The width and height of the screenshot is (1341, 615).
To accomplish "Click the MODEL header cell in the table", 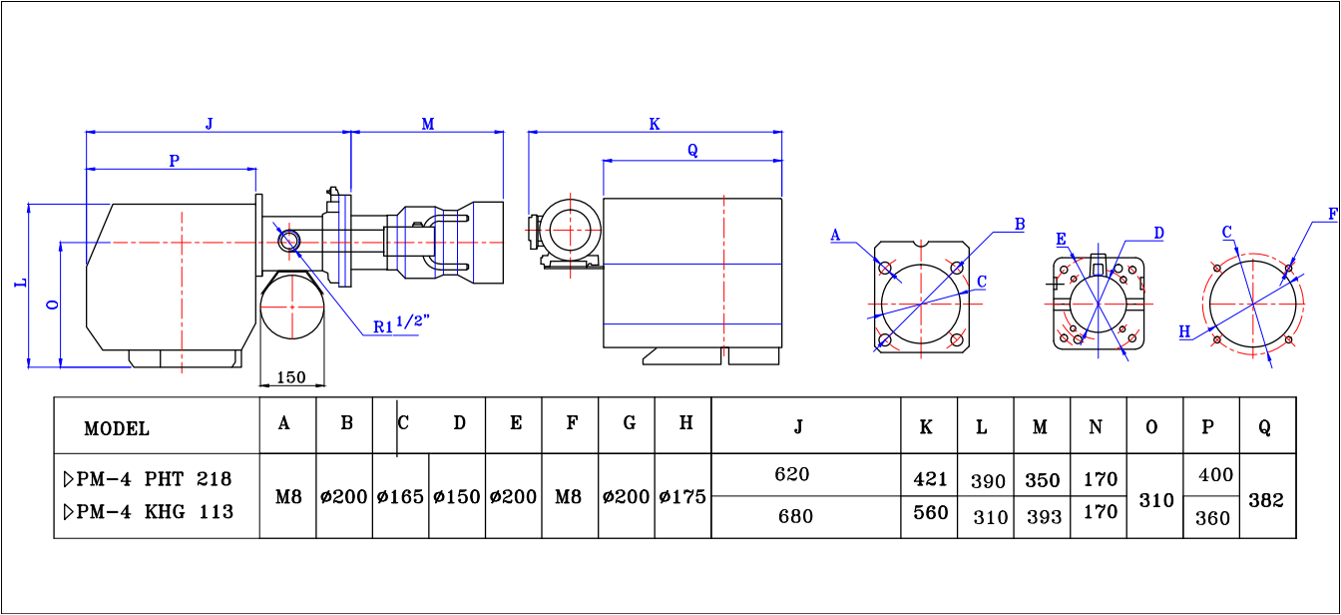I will pos(117,429).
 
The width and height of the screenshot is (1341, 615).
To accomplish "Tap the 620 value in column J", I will pos(792,474).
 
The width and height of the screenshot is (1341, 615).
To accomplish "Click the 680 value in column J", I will pos(795,516).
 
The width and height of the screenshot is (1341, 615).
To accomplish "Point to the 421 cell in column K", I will pos(930,479).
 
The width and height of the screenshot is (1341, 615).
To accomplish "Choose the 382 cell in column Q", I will pos(1266,500).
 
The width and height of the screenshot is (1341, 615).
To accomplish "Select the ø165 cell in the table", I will pos(400,496).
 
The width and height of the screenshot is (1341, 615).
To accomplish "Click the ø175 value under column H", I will pos(682,496).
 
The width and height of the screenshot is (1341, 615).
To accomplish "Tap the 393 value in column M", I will pos(1043,516).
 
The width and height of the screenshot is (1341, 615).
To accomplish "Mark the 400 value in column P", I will pos(1216,475).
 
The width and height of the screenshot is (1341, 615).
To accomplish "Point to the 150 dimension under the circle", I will pos(290,377).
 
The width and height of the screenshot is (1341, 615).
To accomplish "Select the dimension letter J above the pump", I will pos(209,124).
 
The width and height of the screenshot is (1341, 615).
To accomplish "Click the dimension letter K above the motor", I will pos(655,124).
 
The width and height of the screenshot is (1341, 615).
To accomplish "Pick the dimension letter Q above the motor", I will pos(692,151).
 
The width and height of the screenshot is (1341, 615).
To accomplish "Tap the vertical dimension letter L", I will pos(20,284).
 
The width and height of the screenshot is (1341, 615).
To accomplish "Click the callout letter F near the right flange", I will pos(1332,214).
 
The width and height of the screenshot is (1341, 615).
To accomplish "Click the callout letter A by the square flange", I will pos(836,236).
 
